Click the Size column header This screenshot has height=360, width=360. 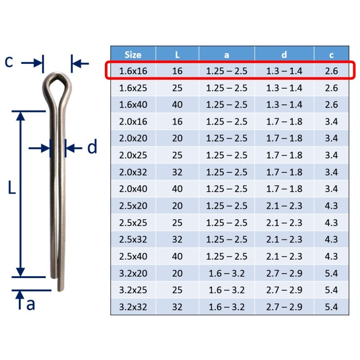coord(133,54)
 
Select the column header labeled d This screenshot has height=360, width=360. coord(284,54)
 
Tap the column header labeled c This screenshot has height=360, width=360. coord(331,54)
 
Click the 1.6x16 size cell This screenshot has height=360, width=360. coord(133,71)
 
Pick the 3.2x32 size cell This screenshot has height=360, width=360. coord(133,307)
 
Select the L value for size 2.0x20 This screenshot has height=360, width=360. coord(177,138)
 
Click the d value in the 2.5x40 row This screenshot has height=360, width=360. coord(284,256)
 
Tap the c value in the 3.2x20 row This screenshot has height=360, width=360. coord(331,273)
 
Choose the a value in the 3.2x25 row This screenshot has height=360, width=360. coord(226,290)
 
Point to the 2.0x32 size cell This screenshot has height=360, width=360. coord(133,172)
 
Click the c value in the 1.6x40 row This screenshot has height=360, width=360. coord(331,104)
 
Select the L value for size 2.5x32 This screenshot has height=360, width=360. coord(177,239)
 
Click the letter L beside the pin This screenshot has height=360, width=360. coord(12,188)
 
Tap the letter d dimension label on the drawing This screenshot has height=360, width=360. coord(92,147)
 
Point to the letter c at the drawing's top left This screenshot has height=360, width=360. coord(9,62)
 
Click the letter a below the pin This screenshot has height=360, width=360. coord(31,304)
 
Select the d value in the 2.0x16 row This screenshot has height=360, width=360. coord(284,121)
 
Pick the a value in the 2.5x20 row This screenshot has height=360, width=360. coord(226,206)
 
